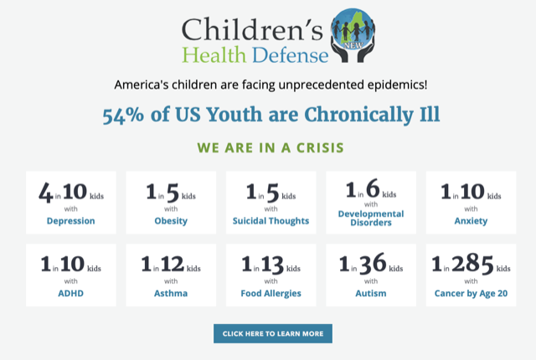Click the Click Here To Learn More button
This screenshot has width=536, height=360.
click(x=272, y=333)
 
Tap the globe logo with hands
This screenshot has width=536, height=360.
click(x=354, y=35)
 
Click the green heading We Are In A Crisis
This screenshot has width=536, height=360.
click(x=270, y=147)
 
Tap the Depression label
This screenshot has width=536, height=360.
click(x=70, y=221)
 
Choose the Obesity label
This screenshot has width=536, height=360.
click(x=171, y=221)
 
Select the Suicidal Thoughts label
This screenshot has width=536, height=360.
click(x=271, y=221)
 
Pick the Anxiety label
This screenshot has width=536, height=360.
click(x=471, y=221)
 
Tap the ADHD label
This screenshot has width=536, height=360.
click(x=70, y=294)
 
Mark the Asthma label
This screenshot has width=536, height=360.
click(x=171, y=294)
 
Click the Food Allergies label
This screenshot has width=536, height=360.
click(x=271, y=294)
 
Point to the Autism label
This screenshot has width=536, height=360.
click(x=371, y=294)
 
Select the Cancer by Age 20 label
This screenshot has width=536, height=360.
click(x=471, y=294)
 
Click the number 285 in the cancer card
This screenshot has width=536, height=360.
click(x=473, y=265)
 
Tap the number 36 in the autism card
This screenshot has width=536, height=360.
click(x=373, y=265)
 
